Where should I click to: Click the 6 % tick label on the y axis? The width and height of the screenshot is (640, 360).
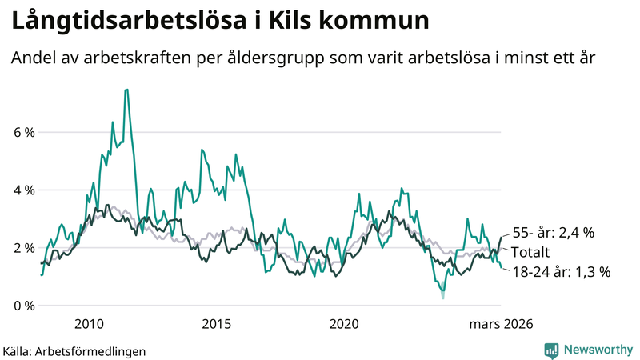pos(24,133)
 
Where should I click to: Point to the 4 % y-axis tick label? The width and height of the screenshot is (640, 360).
pos(24,190)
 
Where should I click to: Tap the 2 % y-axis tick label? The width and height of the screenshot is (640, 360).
pos(24,248)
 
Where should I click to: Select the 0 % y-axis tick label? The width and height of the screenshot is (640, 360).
pos(24,306)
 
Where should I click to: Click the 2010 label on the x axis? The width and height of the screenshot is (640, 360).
pos(89,324)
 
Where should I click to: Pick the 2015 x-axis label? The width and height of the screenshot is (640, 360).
pos(217,324)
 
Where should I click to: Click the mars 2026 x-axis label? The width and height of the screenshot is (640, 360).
pos(501,324)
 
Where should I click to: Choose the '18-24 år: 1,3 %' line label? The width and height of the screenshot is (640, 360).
pos(561,272)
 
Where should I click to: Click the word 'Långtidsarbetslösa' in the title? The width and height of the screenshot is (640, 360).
pos(125,22)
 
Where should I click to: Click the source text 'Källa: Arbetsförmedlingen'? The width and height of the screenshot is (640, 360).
pos(74,351)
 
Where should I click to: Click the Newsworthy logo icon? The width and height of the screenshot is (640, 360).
pos(551,350)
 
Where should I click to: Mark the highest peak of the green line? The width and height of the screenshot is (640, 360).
pos(126,90)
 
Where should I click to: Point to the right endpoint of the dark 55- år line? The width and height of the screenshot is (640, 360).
pos(501,237)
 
